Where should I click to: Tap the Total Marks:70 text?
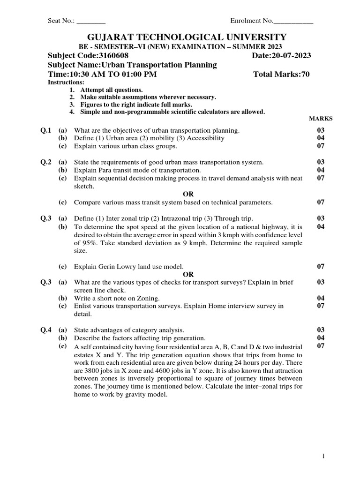[281, 74]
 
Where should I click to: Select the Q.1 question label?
[46, 130]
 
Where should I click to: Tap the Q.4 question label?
[46, 330]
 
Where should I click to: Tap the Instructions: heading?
[66, 82]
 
